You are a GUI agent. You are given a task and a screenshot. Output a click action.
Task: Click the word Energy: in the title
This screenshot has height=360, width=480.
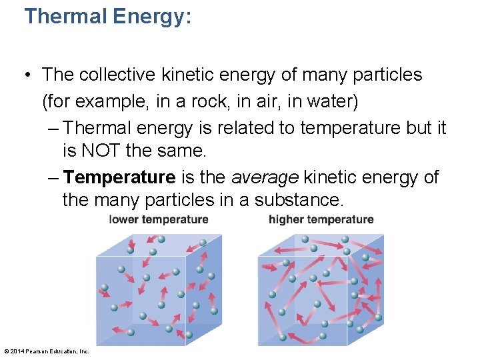(151, 16)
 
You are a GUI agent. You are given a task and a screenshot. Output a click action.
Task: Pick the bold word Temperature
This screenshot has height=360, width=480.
(119, 177)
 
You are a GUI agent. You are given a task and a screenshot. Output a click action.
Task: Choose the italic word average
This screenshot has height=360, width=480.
(265, 177)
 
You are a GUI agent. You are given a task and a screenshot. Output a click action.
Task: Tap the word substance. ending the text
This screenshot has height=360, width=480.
(309, 199)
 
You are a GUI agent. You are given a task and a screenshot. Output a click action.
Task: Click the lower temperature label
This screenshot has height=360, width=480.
(159, 219)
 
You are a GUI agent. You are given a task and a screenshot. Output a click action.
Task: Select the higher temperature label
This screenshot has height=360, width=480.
(321, 219)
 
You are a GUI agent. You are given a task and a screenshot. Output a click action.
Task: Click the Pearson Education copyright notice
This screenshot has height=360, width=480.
(46, 351)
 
